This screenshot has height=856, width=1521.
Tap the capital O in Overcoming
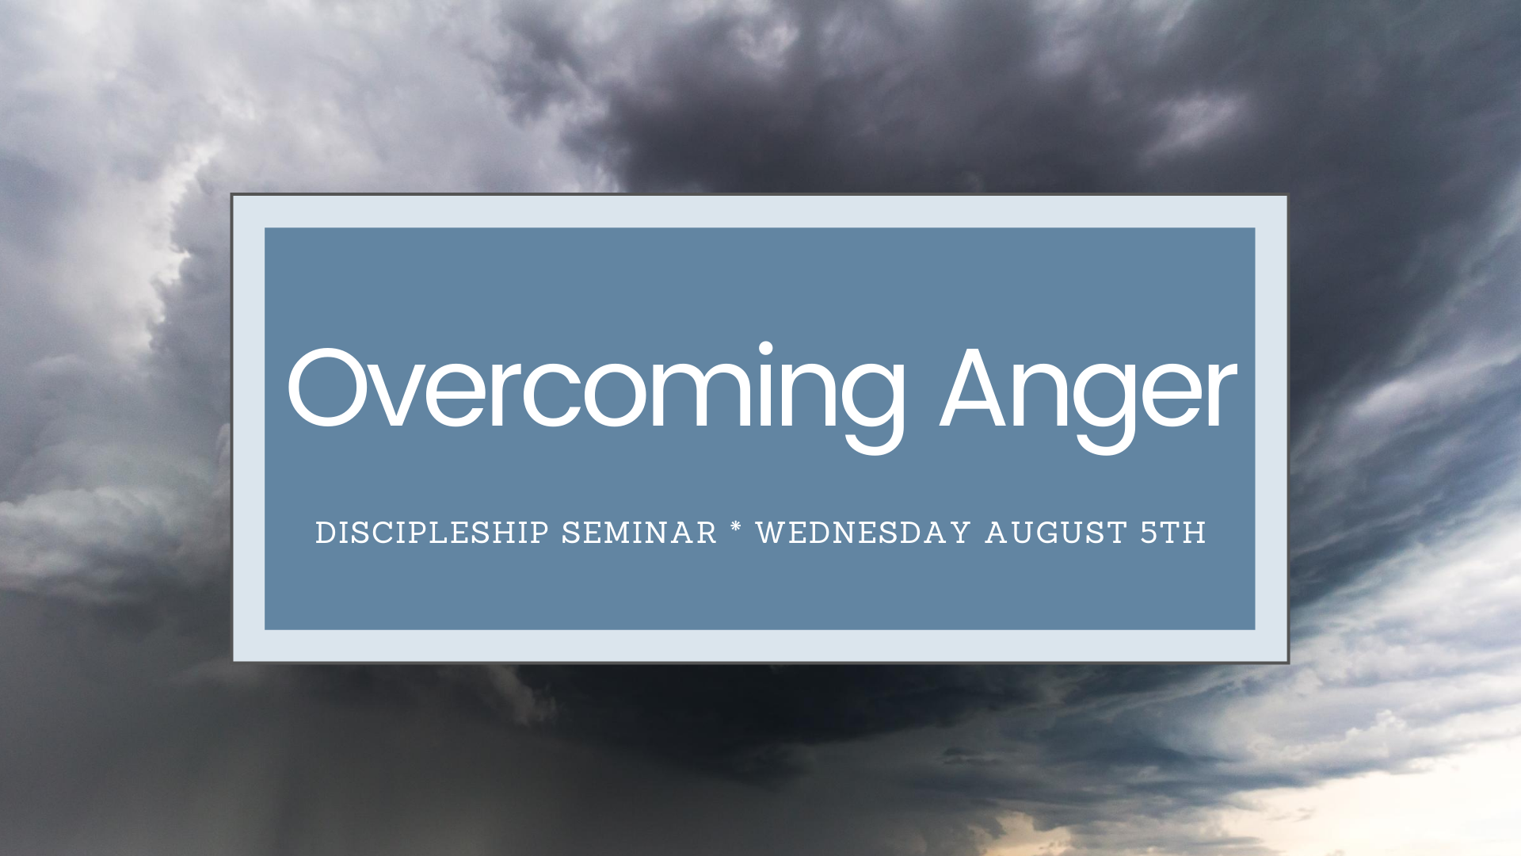[x=327, y=388]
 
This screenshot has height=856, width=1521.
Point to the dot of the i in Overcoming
[x=765, y=348]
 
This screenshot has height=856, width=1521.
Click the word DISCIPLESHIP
[x=432, y=533]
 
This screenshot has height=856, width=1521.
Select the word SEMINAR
[x=639, y=533]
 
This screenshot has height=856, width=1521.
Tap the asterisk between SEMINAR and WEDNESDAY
[x=736, y=527]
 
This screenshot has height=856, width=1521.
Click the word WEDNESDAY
[x=863, y=533]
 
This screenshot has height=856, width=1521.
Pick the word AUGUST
[x=1056, y=533]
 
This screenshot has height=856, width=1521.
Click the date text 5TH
[x=1172, y=533]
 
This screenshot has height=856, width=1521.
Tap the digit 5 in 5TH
[x=1149, y=533]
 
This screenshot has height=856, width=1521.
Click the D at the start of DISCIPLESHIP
[x=324, y=533]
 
